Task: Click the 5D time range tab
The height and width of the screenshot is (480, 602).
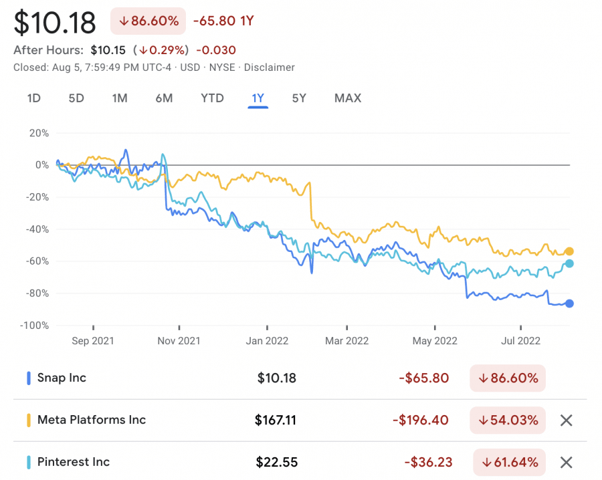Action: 76,98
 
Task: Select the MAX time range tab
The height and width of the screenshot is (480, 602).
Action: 347,98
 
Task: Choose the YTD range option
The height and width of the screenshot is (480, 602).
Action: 212,98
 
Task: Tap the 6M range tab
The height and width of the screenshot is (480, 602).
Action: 164,98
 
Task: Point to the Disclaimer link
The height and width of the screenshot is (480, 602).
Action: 270,67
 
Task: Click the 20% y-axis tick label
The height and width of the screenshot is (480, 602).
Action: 39,133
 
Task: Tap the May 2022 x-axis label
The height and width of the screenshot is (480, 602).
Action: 434,340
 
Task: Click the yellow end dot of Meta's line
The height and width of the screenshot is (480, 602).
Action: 569,251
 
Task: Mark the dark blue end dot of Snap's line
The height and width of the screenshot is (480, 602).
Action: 569,304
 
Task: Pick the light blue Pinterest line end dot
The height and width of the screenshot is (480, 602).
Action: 569,263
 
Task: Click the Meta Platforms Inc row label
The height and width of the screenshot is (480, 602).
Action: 91,420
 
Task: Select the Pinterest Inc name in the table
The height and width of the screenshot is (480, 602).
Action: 74,462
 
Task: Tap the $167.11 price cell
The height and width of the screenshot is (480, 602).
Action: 275,420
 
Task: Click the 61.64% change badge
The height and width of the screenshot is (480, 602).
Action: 509,462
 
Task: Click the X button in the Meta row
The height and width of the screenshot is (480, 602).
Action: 566,420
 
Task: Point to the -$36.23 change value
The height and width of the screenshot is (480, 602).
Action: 426,462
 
